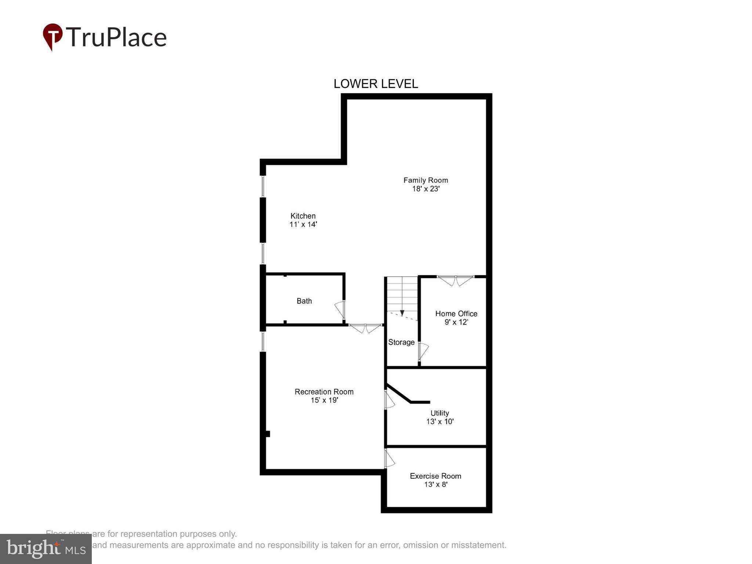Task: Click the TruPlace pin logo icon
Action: [x=53, y=36]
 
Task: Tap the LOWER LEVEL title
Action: [x=375, y=84]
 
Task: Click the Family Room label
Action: [x=426, y=180]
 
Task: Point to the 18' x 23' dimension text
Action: [x=426, y=189]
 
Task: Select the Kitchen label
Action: [x=303, y=216]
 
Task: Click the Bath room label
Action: [x=304, y=301]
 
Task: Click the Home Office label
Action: [x=456, y=314]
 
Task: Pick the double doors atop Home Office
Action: [x=456, y=281]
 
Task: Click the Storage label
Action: [x=401, y=342]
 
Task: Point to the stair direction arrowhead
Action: [x=402, y=313]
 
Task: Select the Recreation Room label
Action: [x=324, y=392]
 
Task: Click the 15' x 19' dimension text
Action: [x=324, y=400]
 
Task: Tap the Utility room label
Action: [x=440, y=413]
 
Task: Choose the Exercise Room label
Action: [x=435, y=476]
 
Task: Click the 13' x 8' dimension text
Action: [x=435, y=484]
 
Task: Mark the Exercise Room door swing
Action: [x=389, y=459]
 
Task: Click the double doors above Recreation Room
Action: [x=365, y=328]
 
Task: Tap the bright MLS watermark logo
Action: [x=46, y=549]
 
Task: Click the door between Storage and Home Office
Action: [x=423, y=351]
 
